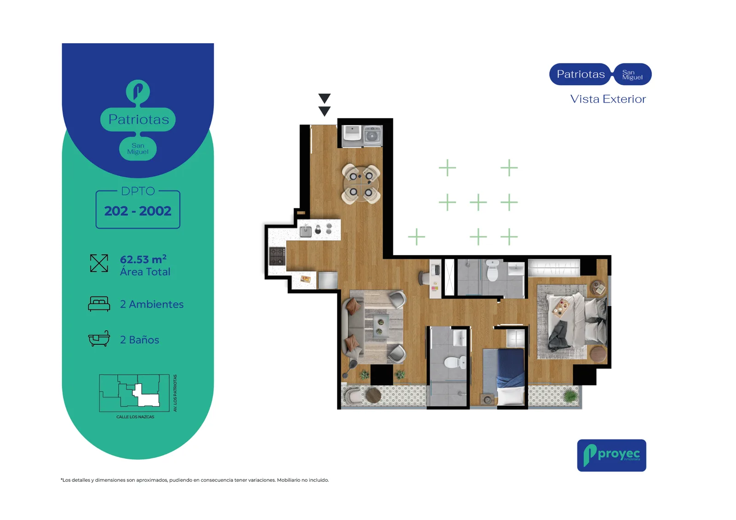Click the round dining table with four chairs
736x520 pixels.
(361, 184)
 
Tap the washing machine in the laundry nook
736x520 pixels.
(373, 136)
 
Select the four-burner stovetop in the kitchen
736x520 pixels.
(277, 256)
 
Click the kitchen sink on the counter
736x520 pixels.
(305, 231)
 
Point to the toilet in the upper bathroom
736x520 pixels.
(492, 270)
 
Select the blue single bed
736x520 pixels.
(503, 377)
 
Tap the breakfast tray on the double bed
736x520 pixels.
(561, 309)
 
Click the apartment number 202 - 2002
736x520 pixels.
(138, 211)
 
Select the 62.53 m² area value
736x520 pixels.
(143, 259)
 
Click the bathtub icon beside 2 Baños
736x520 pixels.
(99, 338)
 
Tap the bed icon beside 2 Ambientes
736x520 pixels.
(99, 304)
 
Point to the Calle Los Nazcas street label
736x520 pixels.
(135, 417)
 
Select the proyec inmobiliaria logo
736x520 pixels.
(611, 455)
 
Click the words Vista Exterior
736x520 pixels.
(608, 99)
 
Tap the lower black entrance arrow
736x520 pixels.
(324, 111)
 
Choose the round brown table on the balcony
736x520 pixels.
(374, 395)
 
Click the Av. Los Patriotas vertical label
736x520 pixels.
(175, 393)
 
